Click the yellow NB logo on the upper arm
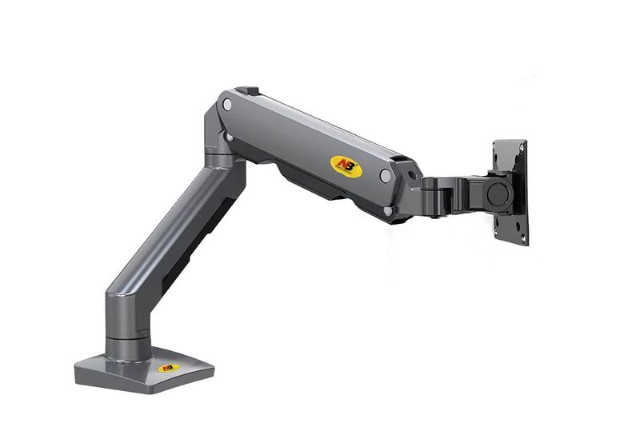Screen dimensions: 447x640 [x=346, y=166]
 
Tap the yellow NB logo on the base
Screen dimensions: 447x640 [x=168, y=367]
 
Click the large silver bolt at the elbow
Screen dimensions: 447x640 [x=227, y=105]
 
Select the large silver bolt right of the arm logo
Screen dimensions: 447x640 [x=386, y=175]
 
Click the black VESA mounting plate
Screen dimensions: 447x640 [x=510, y=192]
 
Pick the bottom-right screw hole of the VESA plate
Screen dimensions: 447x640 [x=522, y=237]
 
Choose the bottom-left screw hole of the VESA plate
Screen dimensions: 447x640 [x=498, y=226]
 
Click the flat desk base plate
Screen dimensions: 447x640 [x=144, y=372]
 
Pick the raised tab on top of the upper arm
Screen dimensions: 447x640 [x=247, y=91]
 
